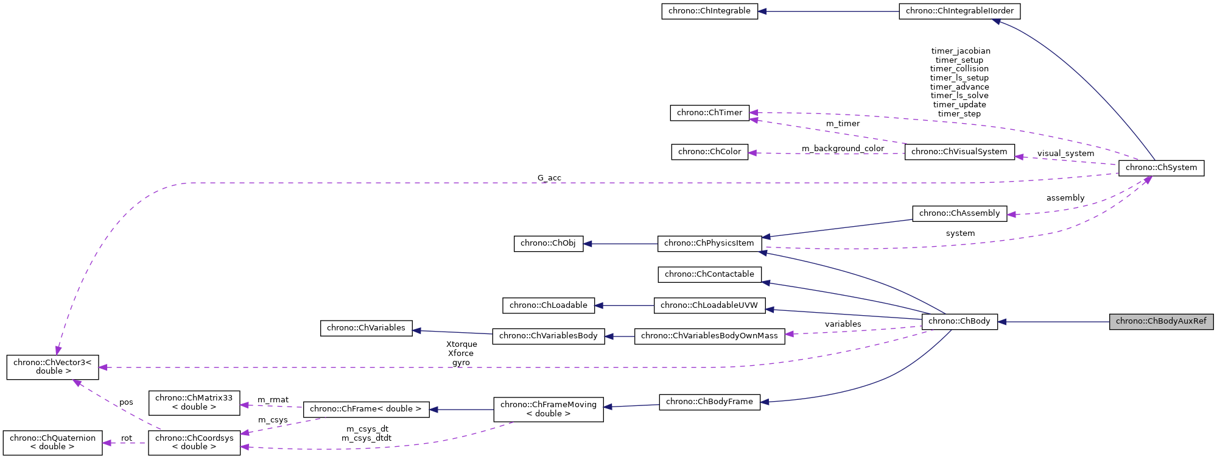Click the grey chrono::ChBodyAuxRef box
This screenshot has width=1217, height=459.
[1161, 321]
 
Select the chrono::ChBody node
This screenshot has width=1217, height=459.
[959, 321]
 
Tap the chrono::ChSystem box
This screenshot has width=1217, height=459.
[1161, 168]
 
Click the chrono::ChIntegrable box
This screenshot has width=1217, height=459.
[709, 11]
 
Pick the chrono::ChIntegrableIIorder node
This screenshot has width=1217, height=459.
[959, 11]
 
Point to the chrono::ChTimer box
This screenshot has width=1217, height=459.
[709, 113]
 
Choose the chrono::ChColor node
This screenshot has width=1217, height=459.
[709, 152]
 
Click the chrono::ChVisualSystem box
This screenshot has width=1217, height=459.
[959, 152]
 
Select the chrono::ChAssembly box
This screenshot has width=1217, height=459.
[959, 213]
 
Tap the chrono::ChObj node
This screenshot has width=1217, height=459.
[548, 243]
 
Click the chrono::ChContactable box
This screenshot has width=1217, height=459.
[709, 274]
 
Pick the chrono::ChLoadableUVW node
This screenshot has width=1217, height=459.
[709, 305]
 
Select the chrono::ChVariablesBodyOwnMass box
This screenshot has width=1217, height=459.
[709, 336]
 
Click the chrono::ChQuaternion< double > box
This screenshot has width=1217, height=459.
[52, 442]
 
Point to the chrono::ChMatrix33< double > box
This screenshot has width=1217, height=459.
[194, 402]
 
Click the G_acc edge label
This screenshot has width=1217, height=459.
[549, 178]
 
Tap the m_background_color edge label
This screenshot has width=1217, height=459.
[843, 149]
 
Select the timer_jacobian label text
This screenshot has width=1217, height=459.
[960, 51]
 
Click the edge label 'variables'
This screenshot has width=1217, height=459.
[843, 324]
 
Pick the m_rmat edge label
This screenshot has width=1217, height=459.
[273, 400]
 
